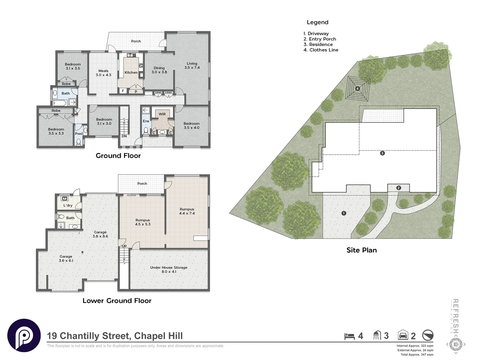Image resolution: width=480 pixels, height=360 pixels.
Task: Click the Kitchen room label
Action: click(x=131, y=72)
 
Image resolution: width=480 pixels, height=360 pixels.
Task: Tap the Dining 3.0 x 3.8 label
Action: click(x=159, y=70)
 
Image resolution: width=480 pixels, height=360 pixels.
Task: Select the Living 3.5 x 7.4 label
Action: click(x=192, y=65)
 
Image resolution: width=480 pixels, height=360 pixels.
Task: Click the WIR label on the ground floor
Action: click(x=162, y=114)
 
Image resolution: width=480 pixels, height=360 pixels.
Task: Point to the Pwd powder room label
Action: click(x=79, y=134)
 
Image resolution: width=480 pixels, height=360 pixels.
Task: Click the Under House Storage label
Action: click(x=169, y=269)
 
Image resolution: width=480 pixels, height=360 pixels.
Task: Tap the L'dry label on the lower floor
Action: click(x=68, y=205)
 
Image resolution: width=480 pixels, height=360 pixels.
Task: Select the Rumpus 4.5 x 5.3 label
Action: click(x=143, y=222)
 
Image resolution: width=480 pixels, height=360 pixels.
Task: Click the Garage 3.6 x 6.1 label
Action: click(x=66, y=258)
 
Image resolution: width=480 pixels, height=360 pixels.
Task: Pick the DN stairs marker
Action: click(x=124, y=136)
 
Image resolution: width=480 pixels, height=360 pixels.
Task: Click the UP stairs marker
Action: click(x=124, y=246)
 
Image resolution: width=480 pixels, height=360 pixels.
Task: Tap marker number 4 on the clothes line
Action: click(x=357, y=89)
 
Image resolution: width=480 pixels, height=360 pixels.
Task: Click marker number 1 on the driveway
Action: click(x=344, y=213)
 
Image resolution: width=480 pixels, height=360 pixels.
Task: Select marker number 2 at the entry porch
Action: click(x=398, y=188)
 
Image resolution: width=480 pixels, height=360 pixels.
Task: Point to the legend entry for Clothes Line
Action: click(x=321, y=50)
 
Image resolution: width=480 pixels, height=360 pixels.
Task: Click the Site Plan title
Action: click(x=361, y=250)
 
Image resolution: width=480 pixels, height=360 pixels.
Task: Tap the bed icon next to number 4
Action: click(x=349, y=336)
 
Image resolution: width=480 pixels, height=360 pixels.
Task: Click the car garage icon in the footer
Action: click(x=403, y=335)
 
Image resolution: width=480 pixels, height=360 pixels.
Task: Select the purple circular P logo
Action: click(x=24, y=335)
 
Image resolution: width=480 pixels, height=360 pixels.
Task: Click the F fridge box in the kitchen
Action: click(x=123, y=91)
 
